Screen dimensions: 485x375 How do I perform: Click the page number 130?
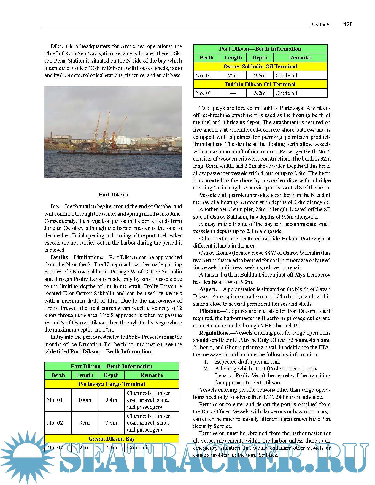(x=348, y=25)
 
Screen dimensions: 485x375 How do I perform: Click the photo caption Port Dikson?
(x=114, y=194)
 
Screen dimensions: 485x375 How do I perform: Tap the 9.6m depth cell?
(x=260, y=75)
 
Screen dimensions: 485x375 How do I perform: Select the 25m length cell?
(x=233, y=75)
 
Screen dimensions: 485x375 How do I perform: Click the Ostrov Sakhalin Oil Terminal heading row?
(x=260, y=66)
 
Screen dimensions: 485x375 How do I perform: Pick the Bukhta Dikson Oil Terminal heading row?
(x=260, y=84)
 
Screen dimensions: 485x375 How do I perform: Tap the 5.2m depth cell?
(x=260, y=93)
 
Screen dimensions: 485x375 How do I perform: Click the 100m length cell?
(x=84, y=400)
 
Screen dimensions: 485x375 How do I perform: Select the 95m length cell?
(x=84, y=423)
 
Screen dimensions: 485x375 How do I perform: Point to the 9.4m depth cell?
(x=111, y=400)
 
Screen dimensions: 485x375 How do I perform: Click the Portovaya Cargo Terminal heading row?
(x=112, y=384)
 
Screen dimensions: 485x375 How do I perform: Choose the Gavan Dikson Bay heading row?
(x=112, y=439)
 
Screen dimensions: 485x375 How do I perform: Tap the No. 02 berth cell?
(x=55, y=423)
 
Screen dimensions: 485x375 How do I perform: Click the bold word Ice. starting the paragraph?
(x=55, y=206)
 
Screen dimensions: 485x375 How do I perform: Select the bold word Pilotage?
(x=209, y=311)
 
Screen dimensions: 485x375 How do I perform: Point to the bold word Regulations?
(x=214, y=333)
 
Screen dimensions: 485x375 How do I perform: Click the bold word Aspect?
(x=208, y=289)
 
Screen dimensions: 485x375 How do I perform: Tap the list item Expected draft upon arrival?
(x=247, y=362)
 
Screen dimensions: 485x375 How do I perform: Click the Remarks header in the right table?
(x=300, y=58)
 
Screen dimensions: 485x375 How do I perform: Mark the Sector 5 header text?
(x=320, y=25)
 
